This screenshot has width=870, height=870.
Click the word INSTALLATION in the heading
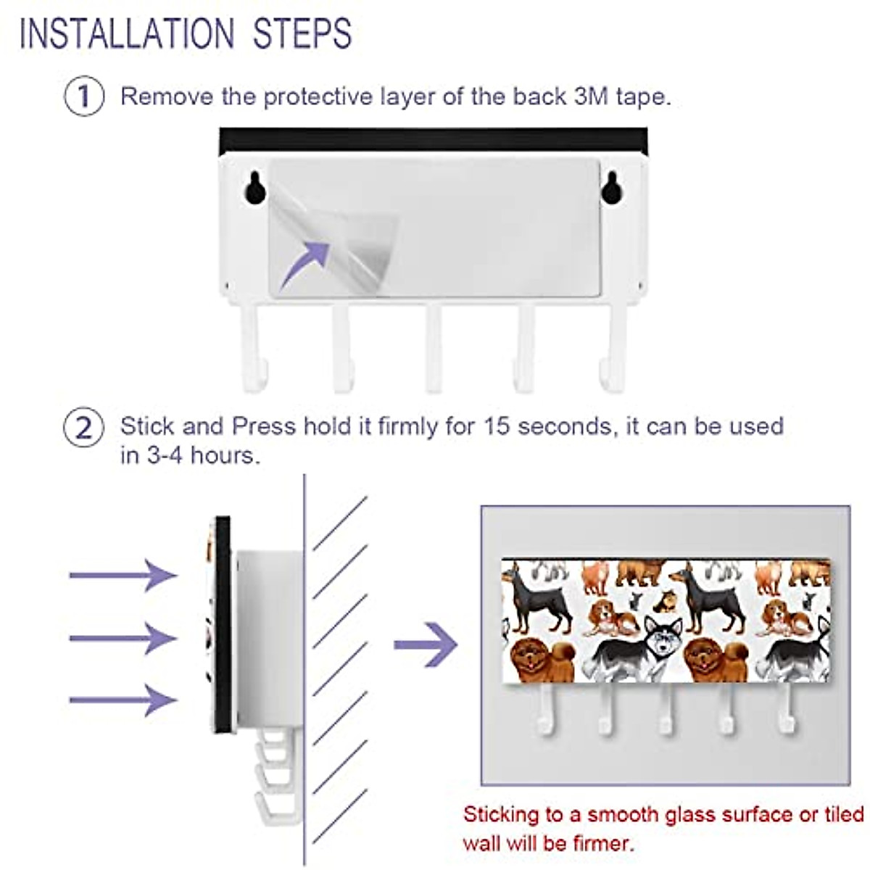(x=127, y=34)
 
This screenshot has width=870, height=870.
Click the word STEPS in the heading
(x=302, y=34)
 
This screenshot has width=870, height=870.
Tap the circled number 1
(x=84, y=96)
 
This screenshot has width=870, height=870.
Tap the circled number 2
(x=84, y=428)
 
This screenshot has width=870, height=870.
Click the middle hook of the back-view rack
(x=434, y=348)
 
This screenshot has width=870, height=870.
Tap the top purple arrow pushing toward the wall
(x=123, y=575)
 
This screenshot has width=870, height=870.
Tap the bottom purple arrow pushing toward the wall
(x=123, y=700)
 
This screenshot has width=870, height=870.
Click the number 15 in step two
(x=497, y=426)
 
